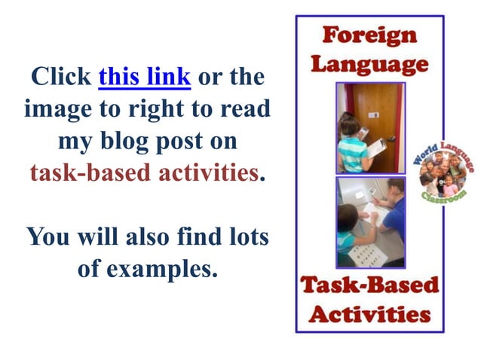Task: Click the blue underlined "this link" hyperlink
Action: tap(144, 77)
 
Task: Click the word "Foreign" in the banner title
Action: tap(369, 35)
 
